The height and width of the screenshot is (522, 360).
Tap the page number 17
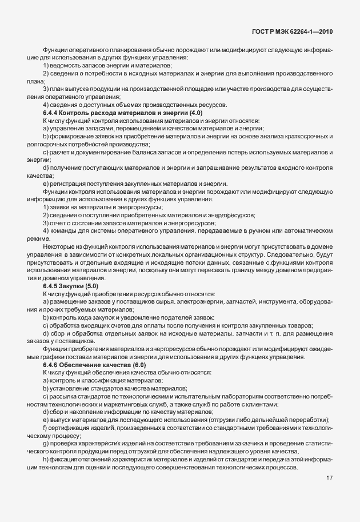click(x=330, y=477)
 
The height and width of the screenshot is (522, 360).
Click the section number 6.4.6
click(x=51, y=365)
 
